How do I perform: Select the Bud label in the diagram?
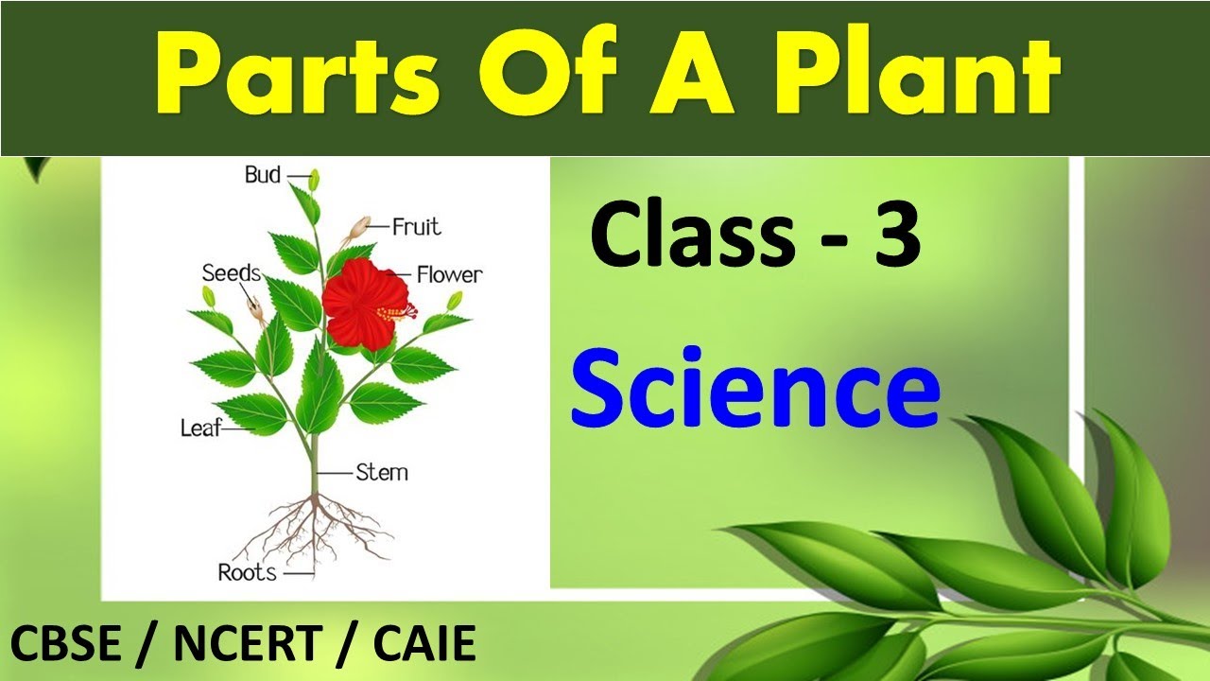263,175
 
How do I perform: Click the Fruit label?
416,227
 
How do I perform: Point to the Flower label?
449,275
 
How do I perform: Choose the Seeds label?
231,273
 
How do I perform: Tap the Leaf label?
200,428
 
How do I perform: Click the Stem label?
382,472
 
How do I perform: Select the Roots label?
247,572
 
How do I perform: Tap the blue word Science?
754,389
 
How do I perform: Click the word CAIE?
424,645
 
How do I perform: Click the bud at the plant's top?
314,179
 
